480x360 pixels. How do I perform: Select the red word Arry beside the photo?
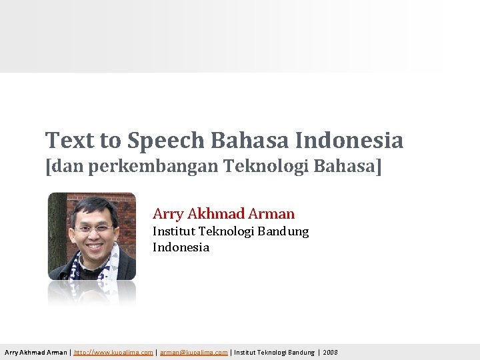pyautogui.click(x=168, y=214)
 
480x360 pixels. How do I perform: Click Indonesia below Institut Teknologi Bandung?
pyautogui.click(x=181, y=247)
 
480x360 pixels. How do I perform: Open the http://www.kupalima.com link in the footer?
pyautogui.click(x=113, y=352)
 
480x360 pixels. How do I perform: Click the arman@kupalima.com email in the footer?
pyautogui.click(x=193, y=352)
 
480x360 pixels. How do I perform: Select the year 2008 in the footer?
pyautogui.click(x=330, y=352)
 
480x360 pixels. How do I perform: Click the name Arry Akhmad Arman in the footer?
pyautogui.click(x=35, y=352)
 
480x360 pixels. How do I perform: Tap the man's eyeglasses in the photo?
pyautogui.click(x=94, y=229)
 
